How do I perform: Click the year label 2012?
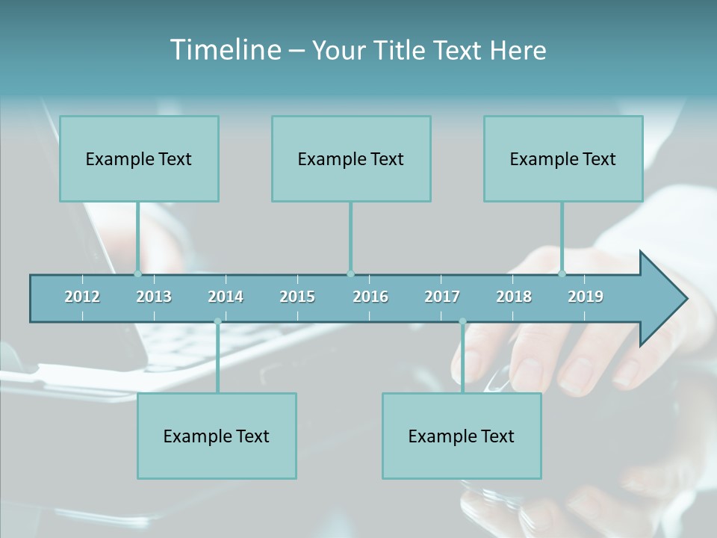pyautogui.click(x=82, y=297)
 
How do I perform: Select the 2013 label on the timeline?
pyautogui.click(x=154, y=297)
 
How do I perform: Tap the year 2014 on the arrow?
pyautogui.click(x=226, y=297)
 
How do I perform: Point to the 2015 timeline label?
pyautogui.click(x=297, y=297)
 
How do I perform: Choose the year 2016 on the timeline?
pyautogui.click(x=370, y=297)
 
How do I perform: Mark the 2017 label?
pyautogui.click(x=442, y=297)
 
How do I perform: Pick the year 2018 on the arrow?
pyautogui.click(x=514, y=297)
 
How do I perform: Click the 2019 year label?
pyautogui.click(x=586, y=297)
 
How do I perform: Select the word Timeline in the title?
pyautogui.click(x=225, y=50)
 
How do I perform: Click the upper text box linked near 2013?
pyautogui.click(x=139, y=158)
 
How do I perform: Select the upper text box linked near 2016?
pyautogui.click(x=351, y=158)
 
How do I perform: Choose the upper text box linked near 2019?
pyautogui.click(x=563, y=158)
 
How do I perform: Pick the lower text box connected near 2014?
pyautogui.click(x=217, y=436)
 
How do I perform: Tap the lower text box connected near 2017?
pyautogui.click(x=462, y=436)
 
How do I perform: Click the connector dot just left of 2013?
pyautogui.click(x=137, y=273)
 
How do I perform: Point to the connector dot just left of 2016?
pyautogui.click(x=350, y=273)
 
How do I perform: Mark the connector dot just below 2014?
pyautogui.click(x=217, y=321)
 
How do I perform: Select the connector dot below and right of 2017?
pyautogui.click(x=462, y=321)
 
